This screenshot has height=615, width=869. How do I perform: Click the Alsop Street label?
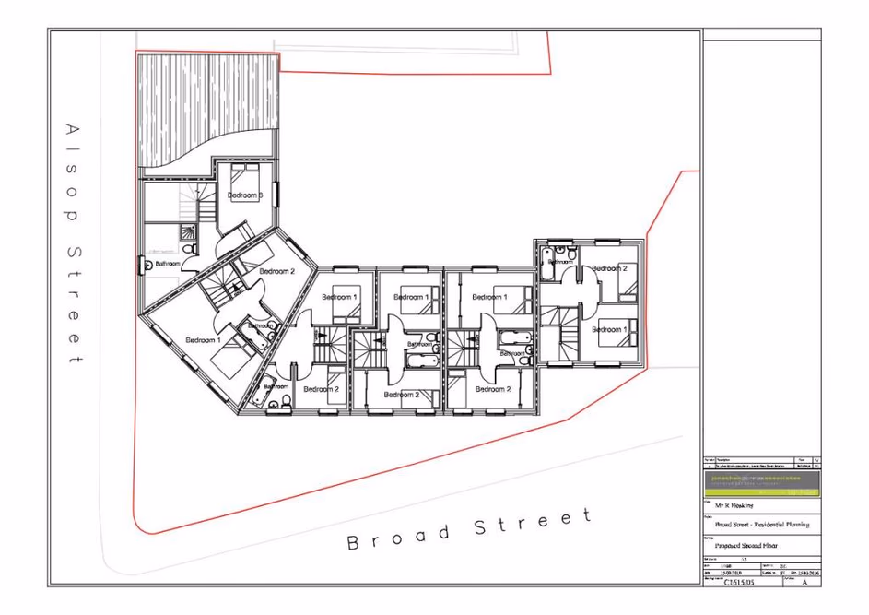point(74,242)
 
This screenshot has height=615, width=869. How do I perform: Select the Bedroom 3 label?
point(246,196)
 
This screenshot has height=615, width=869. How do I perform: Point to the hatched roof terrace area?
point(207,106)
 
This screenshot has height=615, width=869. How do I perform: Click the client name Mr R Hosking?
point(734,506)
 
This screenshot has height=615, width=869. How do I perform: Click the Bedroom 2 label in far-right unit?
point(609,268)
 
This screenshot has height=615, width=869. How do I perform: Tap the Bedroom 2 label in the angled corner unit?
point(276,272)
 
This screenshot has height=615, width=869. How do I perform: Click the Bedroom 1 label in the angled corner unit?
point(203,340)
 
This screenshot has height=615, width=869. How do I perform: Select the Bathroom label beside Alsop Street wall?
point(168,264)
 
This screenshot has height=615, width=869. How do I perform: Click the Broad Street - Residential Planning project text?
point(756,525)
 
